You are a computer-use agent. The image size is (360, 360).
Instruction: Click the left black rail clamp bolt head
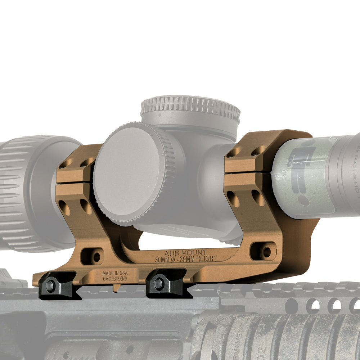pos(50,286)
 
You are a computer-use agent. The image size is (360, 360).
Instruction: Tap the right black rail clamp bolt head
pos(158,284)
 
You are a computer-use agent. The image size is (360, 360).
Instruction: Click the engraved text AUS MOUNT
pos(185,253)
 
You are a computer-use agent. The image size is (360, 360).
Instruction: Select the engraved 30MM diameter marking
pos(163,259)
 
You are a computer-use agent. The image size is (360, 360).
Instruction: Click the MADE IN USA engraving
pos(115,273)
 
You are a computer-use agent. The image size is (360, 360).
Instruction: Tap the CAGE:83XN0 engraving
pos(115,278)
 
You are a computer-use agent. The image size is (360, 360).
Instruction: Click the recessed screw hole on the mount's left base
pos(96,257)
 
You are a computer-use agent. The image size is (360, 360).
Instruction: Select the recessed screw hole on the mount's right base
pos(266,252)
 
